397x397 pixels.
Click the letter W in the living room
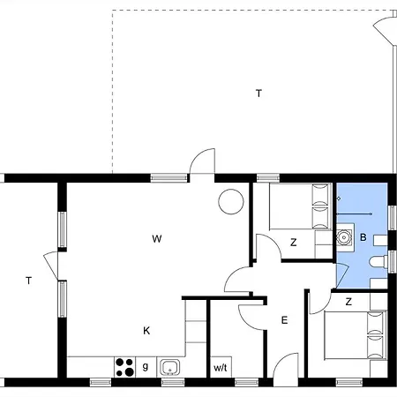point(157,238)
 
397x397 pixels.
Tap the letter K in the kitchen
point(146,331)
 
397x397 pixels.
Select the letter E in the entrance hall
point(284,320)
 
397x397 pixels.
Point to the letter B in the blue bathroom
point(363,237)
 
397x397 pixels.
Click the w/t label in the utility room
point(221,368)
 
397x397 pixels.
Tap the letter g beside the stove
point(146,367)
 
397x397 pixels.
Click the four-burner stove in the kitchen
point(124,367)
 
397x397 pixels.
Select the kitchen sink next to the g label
point(170,368)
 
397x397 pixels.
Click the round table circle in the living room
point(231,202)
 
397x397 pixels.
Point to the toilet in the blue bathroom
point(379,262)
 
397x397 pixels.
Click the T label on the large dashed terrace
point(258,94)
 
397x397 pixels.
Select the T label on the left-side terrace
point(28,281)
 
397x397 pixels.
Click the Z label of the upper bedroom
point(293,243)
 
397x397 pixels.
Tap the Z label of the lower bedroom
point(348,302)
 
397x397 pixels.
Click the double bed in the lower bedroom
point(356,335)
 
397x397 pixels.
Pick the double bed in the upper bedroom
point(301,206)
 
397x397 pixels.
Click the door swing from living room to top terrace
point(202,161)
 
